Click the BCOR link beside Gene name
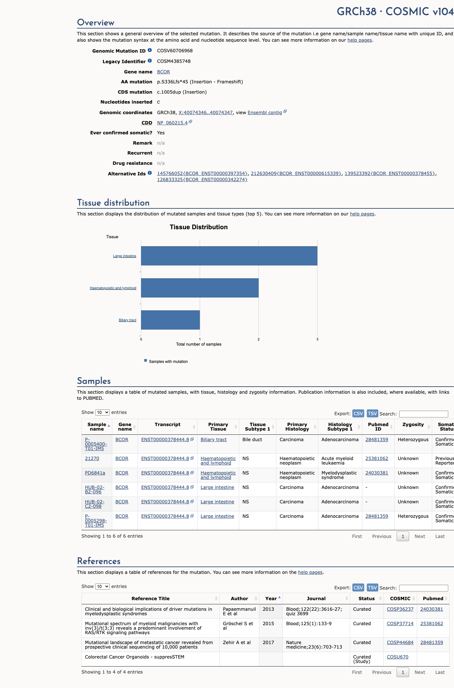(164, 72)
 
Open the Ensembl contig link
(265, 113)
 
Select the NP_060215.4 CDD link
(172, 123)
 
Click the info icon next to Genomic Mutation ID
(150, 50)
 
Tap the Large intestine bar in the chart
(229, 256)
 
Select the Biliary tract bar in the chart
(170, 320)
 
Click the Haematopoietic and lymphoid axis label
(113, 288)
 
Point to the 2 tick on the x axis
(258, 339)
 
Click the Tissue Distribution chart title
(199, 227)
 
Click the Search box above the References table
(424, 588)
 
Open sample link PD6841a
(95, 473)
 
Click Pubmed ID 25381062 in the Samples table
(377, 458)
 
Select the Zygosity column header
(413, 424)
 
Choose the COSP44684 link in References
(400, 642)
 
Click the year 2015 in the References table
(268, 624)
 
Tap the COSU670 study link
(398, 657)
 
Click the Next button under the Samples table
(420, 536)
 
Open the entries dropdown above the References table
(102, 586)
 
